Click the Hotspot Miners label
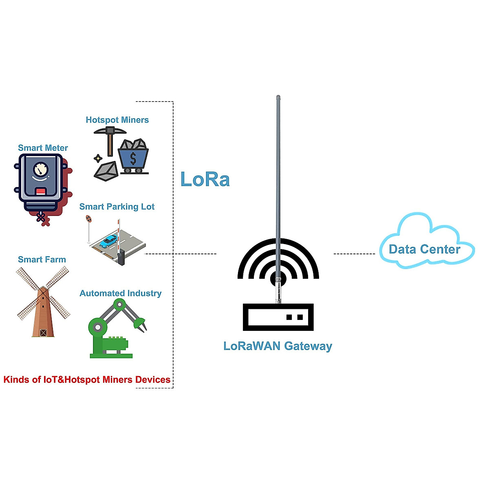[x=117, y=120]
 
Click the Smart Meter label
[x=43, y=148]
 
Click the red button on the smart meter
[x=41, y=192]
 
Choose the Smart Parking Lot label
[x=117, y=207]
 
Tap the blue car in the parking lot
[x=109, y=241]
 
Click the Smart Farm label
[x=42, y=260]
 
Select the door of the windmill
[x=44, y=333]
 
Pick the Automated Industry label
[x=120, y=293]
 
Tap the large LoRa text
[x=205, y=179]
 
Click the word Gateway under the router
[x=308, y=346]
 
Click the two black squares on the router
[x=295, y=317]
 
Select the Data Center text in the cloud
[x=424, y=249]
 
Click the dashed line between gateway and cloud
[x=354, y=254]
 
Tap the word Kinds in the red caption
[x=17, y=380]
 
